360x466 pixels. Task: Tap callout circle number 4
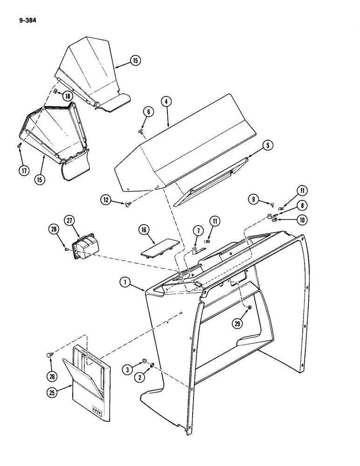tap(166, 101)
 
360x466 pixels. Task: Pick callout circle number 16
tap(143, 229)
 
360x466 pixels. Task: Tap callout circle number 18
tap(68, 96)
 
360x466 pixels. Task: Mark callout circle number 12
tap(106, 200)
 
